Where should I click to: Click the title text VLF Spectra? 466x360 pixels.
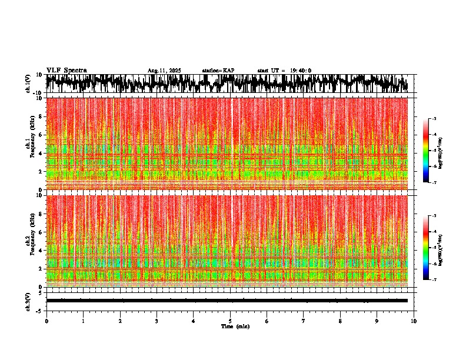(x=66, y=70)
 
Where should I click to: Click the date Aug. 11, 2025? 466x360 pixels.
(x=164, y=71)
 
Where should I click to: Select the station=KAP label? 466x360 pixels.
(x=218, y=71)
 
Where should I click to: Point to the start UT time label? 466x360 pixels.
(x=284, y=71)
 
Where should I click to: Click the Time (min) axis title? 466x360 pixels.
(x=235, y=326)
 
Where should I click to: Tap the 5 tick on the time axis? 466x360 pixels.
(x=230, y=321)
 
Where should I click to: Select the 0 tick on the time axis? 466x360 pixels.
(x=46, y=321)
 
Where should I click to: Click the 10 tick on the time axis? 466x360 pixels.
(x=414, y=321)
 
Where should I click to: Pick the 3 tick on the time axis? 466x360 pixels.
(x=157, y=321)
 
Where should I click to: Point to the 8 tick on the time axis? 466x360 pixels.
(x=340, y=321)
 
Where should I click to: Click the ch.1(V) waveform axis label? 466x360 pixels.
(x=28, y=84)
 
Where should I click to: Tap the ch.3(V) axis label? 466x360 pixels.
(x=28, y=301)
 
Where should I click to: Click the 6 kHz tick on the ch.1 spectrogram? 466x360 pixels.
(x=42, y=135)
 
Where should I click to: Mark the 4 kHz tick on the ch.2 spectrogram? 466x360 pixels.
(x=42, y=250)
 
